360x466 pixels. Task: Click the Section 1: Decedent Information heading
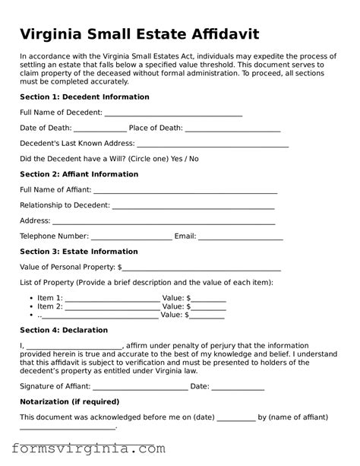click(x=84, y=97)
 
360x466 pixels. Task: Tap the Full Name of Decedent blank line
click(x=173, y=113)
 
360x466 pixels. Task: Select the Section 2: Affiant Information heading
click(x=79, y=174)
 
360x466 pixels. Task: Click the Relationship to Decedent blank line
click(x=193, y=206)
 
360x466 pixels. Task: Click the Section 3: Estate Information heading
click(x=79, y=252)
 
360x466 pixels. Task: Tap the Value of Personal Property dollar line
click(x=201, y=268)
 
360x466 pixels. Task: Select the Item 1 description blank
click(x=112, y=299)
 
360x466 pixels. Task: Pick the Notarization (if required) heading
click(x=69, y=401)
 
